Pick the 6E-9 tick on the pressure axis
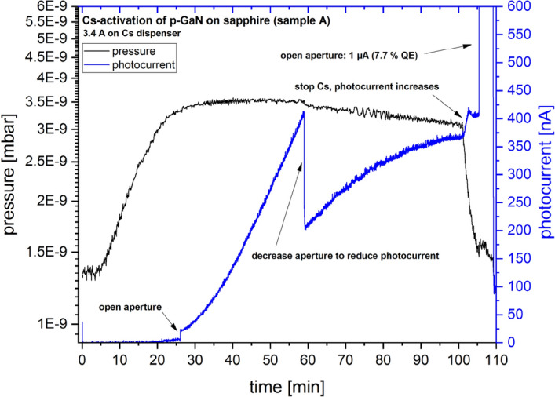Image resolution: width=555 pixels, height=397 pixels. tap(57, 7)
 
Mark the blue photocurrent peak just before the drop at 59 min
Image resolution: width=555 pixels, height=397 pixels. tap(303, 112)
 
